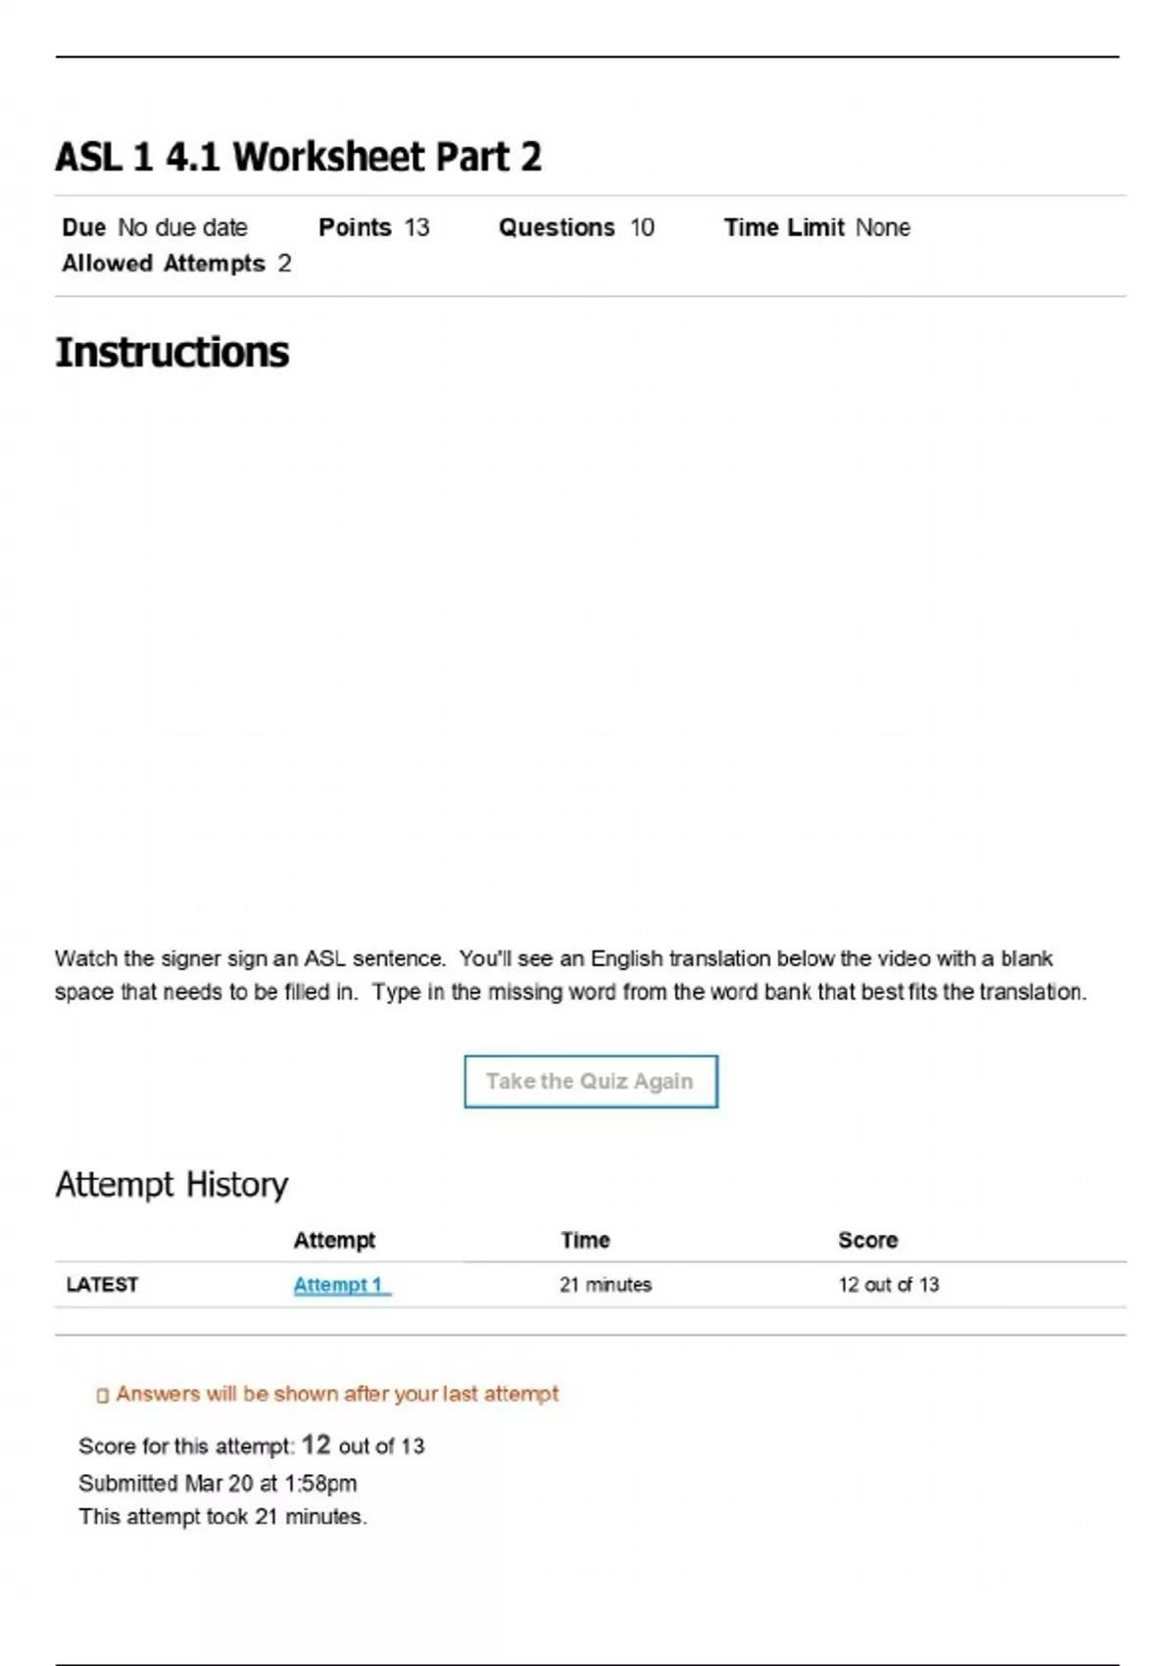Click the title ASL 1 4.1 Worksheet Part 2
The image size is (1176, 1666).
[298, 157]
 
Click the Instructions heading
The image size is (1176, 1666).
[172, 353]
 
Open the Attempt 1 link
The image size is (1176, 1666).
[339, 1285]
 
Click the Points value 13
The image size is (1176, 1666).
[417, 227]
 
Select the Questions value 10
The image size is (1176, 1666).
[642, 227]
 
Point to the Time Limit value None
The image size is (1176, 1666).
[882, 227]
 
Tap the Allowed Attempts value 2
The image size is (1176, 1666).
[284, 264]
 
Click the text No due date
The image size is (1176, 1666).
[182, 227]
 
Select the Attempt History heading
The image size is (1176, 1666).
[171, 1185]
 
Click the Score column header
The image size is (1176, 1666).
[867, 1240]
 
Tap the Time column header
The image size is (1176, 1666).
[585, 1240]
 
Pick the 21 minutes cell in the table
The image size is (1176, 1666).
[606, 1285]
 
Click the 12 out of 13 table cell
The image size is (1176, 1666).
[888, 1285]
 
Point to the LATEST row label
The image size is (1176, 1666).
[102, 1285]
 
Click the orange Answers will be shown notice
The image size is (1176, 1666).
[336, 1394]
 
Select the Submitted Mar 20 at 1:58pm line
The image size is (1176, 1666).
[218, 1483]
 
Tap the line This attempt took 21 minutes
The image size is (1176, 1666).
[222, 1516]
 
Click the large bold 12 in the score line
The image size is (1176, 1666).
[316, 1445]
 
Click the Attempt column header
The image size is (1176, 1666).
[334, 1240]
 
